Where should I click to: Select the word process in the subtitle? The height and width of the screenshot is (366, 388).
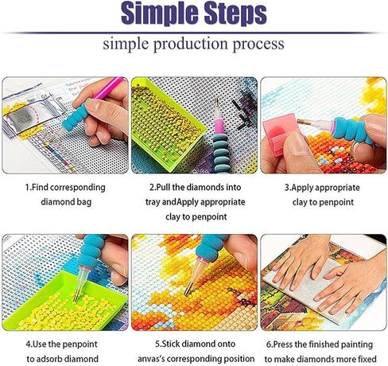click(x=257, y=44)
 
